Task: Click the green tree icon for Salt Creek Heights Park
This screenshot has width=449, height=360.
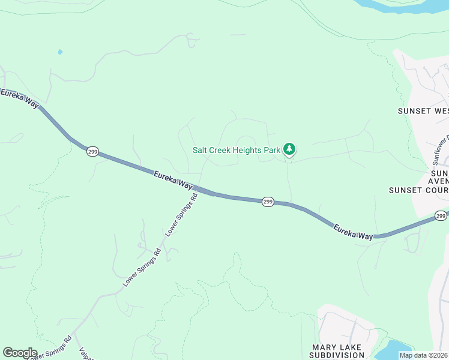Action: [289, 149]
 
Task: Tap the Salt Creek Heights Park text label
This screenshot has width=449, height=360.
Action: [237, 151]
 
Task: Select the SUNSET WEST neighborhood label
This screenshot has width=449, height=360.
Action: [423, 111]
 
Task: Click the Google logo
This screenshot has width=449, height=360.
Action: [19, 353]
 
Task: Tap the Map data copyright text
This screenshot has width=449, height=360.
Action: [423, 355]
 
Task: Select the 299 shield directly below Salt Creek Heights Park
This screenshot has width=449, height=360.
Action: [268, 202]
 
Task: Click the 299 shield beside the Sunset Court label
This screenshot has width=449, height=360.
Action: [441, 215]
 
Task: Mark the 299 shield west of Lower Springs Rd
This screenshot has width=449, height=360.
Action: [92, 151]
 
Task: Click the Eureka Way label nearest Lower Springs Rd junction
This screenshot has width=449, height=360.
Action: [172, 181]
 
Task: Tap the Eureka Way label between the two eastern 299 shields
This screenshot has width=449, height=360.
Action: [354, 232]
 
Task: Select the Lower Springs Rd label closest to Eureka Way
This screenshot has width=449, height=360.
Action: [181, 215]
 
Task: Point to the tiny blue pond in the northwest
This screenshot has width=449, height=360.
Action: [60, 52]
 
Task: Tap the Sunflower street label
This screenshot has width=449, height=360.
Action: [441, 151]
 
